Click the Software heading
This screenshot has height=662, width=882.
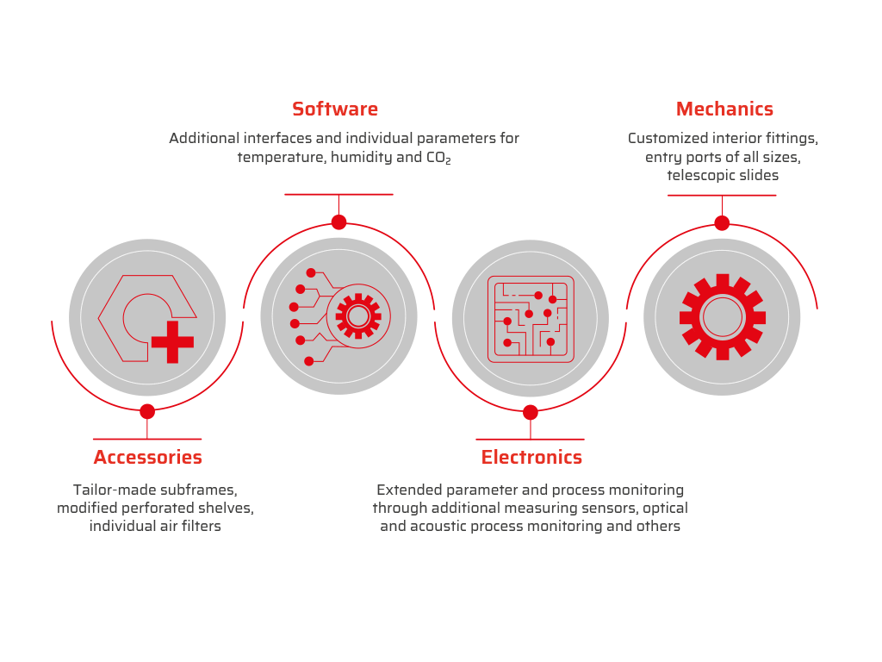(335, 109)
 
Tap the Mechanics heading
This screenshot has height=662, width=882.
(724, 109)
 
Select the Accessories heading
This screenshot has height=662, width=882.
(148, 457)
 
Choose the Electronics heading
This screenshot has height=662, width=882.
(531, 457)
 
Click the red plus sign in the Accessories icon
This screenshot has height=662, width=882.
(172, 341)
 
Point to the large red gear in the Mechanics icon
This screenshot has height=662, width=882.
(723, 317)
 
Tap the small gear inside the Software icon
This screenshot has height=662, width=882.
(358, 315)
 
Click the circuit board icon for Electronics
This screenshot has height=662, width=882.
(531, 319)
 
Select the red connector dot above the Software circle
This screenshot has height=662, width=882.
(339, 222)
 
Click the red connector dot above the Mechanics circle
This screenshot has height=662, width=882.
(723, 223)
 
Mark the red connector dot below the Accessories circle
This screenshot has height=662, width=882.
(147, 411)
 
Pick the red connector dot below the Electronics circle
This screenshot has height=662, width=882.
(531, 413)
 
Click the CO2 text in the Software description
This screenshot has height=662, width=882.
(438, 158)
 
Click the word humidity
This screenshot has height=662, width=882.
(361, 158)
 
